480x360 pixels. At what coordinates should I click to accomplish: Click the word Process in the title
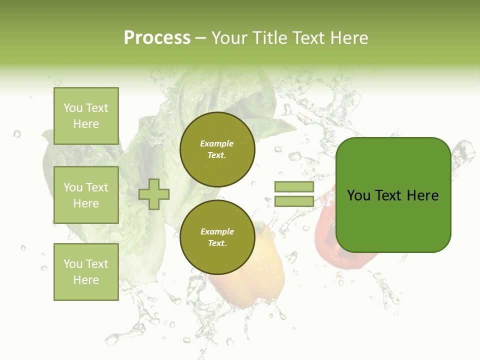coord(157,38)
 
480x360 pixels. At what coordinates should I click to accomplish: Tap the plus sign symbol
coord(154,193)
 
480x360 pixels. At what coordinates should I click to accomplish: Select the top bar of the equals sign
coord(294,186)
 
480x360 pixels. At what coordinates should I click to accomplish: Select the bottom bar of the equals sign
coord(294,201)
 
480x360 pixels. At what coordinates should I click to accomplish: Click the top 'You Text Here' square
coord(86,116)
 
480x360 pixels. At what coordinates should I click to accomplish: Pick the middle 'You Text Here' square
coord(86,195)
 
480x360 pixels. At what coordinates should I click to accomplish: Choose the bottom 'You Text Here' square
coord(86,271)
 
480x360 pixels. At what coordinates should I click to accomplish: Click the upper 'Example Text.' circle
coord(217,149)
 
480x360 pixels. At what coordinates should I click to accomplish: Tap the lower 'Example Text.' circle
coord(217,237)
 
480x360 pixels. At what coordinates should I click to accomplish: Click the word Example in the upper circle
coord(217,143)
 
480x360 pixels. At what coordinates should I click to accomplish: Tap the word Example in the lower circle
coord(217,231)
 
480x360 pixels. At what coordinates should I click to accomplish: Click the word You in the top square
coord(73,108)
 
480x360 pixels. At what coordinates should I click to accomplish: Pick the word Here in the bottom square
coord(86,280)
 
